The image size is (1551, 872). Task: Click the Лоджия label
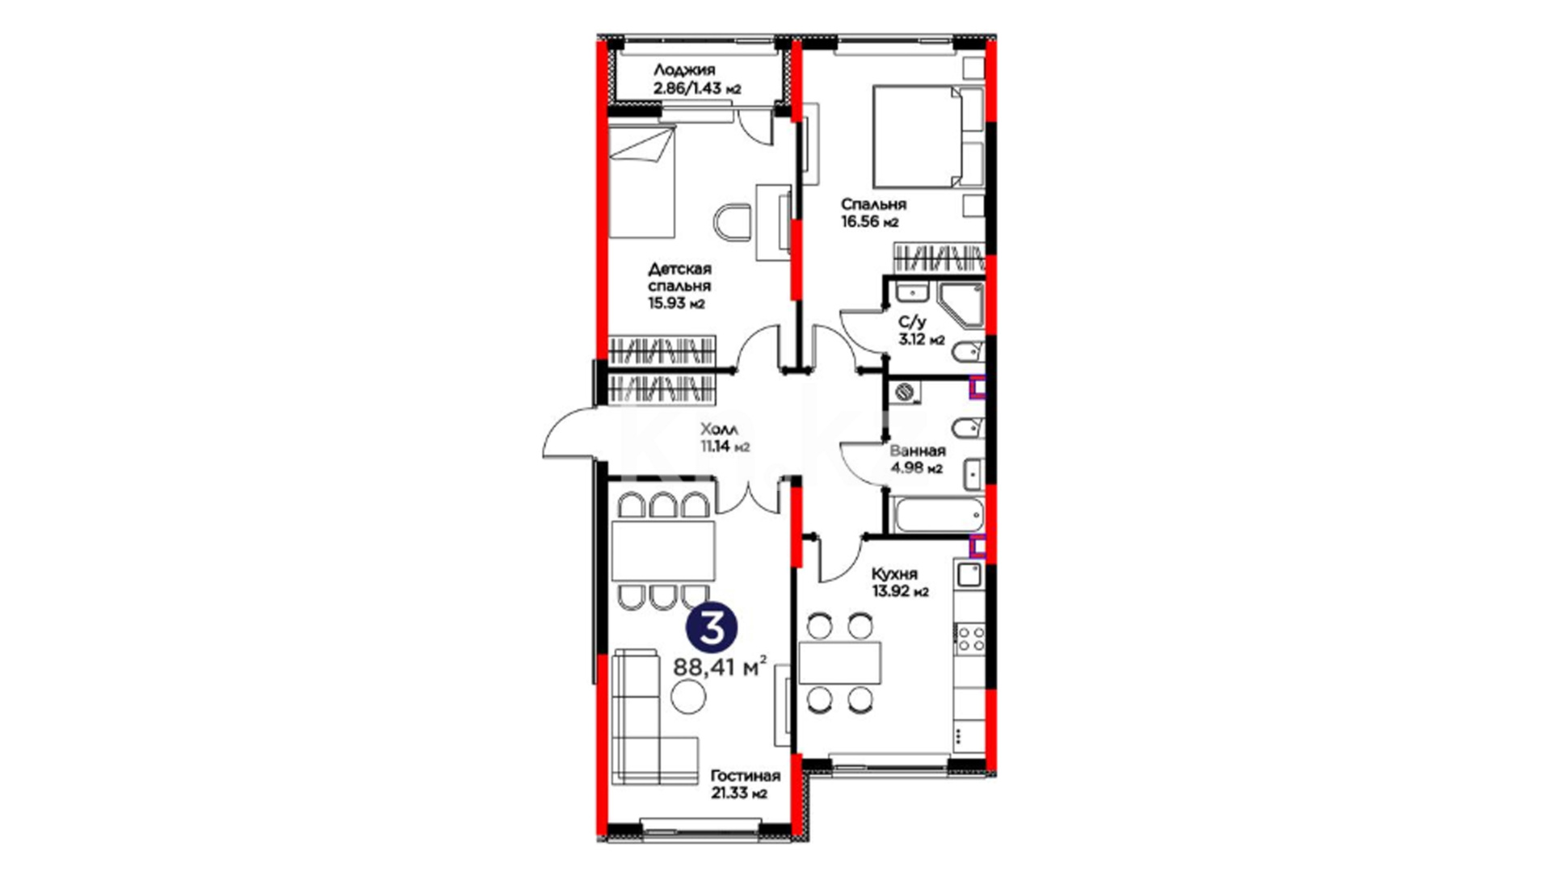[x=684, y=71]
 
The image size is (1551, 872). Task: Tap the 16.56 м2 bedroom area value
[x=869, y=222]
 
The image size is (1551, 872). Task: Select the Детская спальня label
[x=679, y=277]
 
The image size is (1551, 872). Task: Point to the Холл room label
[x=719, y=429]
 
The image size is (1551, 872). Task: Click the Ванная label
[x=917, y=451]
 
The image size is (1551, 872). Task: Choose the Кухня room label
[x=894, y=574]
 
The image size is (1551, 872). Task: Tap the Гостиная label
[x=746, y=776]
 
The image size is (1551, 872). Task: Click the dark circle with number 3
[x=712, y=629]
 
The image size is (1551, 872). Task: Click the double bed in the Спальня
[x=928, y=137]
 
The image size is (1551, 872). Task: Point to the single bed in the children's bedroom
[x=641, y=181]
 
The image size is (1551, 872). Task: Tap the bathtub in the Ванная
[x=938, y=514]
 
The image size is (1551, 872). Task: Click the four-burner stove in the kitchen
[x=970, y=638]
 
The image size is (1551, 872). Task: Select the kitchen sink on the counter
[x=969, y=576]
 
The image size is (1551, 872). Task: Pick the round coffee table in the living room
[x=689, y=696]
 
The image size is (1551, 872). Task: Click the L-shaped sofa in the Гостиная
[x=655, y=715]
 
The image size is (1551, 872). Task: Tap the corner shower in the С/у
[x=960, y=305]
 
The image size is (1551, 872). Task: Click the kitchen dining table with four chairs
[x=839, y=663]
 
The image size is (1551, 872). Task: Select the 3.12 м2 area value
[x=922, y=340]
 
